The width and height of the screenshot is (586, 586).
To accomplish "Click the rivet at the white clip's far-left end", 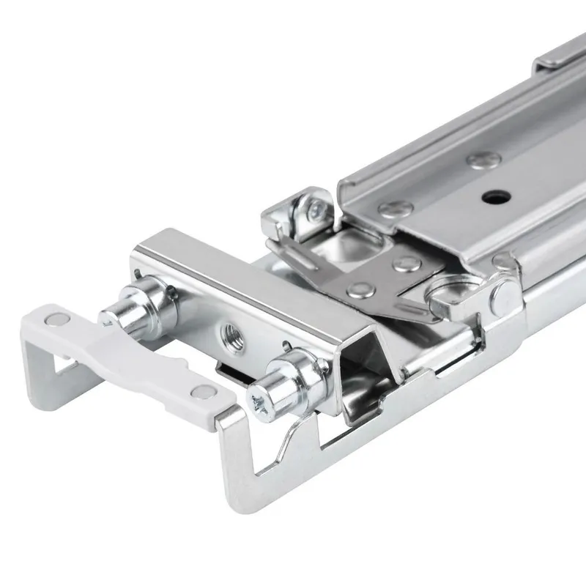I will pos(53,319).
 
